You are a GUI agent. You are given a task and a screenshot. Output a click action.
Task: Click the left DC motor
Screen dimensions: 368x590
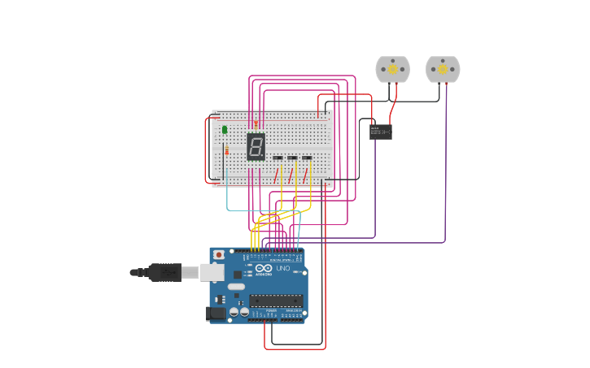click(x=392, y=70)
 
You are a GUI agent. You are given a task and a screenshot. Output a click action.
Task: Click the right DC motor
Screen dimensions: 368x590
click(x=443, y=70)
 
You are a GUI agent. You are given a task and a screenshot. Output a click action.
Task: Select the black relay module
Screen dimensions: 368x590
click(x=380, y=132)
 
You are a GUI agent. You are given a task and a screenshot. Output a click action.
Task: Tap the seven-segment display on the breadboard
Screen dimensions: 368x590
click(x=256, y=147)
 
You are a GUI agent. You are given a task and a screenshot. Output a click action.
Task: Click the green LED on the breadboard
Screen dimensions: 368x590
click(x=225, y=129)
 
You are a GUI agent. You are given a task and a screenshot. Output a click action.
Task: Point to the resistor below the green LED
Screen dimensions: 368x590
click(x=226, y=150)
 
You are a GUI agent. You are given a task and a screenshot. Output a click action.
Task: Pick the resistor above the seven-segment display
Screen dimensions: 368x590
click(x=256, y=124)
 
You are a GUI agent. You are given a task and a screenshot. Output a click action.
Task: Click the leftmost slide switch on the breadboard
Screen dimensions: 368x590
click(x=278, y=158)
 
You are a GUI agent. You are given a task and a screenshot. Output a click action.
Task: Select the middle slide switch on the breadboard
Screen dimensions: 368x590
click(x=292, y=158)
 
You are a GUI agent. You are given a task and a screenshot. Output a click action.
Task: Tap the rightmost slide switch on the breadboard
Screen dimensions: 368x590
click(x=307, y=158)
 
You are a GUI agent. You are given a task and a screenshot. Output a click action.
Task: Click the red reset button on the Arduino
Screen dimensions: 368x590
click(x=218, y=255)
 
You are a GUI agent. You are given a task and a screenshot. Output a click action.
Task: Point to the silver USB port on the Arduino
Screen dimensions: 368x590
click(x=212, y=272)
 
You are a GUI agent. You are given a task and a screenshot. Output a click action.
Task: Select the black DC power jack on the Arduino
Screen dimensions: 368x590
click(x=216, y=313)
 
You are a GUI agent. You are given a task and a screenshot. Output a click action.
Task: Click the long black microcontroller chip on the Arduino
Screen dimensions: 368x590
click(x=276, y=301)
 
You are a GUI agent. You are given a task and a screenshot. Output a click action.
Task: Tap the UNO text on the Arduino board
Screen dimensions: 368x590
click(x=282, y=269)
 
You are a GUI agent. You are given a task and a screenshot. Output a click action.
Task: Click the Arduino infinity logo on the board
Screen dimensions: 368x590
click(x=264, y=269)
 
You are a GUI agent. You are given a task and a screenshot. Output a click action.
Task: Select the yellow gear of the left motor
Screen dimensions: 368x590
click(x=392, y=70)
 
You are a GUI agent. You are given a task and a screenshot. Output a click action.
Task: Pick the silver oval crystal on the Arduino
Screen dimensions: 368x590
click(x=236, y=287)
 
